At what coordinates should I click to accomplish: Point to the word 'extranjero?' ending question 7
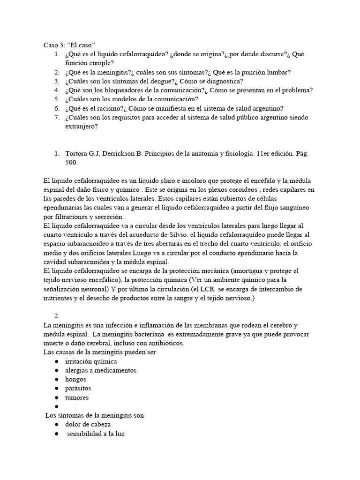click(x=82, y=126)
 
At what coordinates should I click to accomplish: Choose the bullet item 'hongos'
click(x=76, y=379)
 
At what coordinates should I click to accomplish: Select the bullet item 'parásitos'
click(x=78, y=388)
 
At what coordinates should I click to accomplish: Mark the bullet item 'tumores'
click(x=77, y=397)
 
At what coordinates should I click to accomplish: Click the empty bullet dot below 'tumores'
click(x=56, y=406)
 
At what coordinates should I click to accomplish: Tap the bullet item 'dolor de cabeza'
click(x=88, y=424)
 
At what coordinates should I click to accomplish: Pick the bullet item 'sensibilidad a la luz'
click(x=96, y=434)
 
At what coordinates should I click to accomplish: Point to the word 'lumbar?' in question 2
click(x=277, y=72)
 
